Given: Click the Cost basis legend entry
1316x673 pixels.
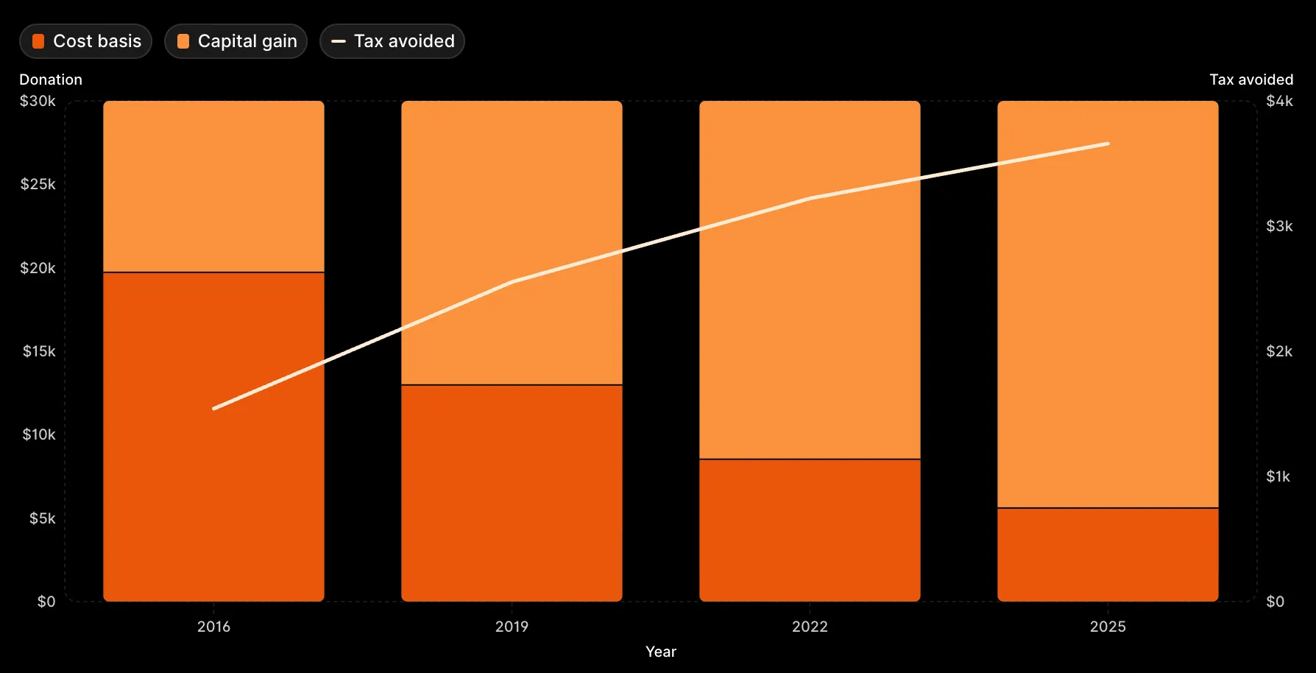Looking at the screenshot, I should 86,41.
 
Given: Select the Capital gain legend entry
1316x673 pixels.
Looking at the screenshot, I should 236,41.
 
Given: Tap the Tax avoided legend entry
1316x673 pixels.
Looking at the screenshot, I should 392,41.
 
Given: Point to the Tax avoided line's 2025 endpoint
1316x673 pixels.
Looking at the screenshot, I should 1108,144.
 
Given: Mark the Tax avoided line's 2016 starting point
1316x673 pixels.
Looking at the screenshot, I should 214,408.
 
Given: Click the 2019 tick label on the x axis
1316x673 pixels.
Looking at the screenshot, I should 512,627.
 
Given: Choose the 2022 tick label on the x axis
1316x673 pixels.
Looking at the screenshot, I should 810,627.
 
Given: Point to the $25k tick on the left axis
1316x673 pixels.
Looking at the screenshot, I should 38,184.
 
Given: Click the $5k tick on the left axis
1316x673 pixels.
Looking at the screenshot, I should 42,518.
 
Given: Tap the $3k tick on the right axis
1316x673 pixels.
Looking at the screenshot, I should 1279,226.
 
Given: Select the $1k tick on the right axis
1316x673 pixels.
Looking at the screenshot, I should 1278,476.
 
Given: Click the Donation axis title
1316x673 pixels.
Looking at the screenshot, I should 51,80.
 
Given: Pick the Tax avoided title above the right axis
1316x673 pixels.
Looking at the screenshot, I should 1251,80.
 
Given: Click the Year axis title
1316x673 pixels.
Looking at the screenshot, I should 661,652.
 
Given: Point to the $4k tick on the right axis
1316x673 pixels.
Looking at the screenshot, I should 1279,101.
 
